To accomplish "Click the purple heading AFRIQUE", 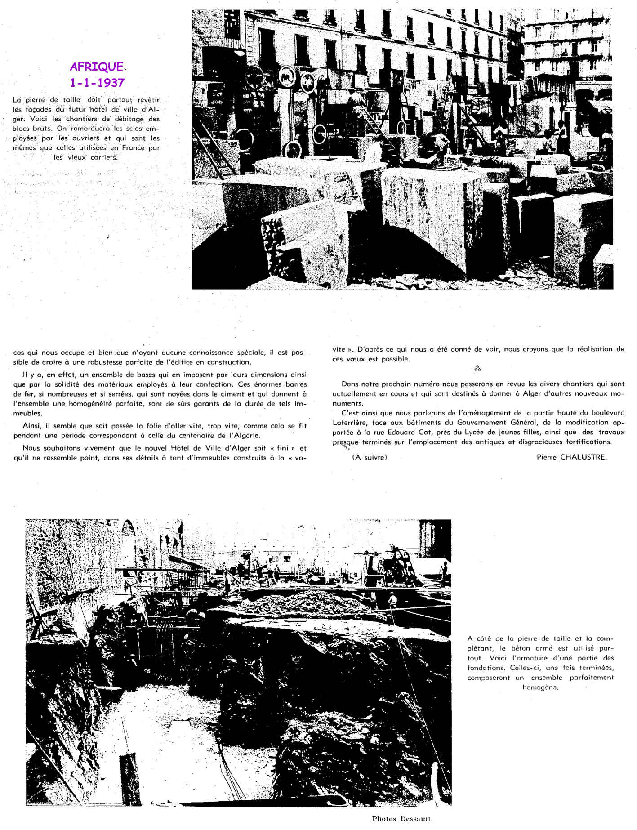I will [x=96, y=67].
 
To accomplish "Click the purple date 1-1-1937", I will [x=97, y=83].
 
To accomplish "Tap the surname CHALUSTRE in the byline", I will [x=583, y=457].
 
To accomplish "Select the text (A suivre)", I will [x=370, y=457].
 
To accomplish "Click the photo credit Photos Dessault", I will [x=402, y=818].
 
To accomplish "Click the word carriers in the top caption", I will [x=103, y=157].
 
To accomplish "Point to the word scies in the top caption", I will [x=136, y=129].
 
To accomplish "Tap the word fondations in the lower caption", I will [x=484, y=668].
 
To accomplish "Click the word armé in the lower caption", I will [x=545, y=648].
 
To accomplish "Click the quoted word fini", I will [x=283, y=448].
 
